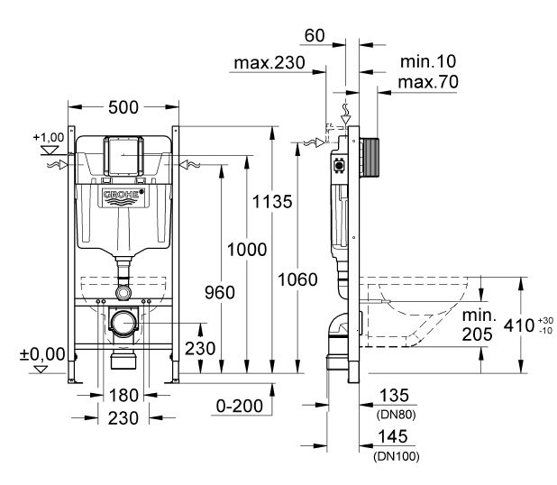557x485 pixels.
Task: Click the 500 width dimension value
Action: (123, 107)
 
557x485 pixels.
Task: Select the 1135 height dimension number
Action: (271, 201)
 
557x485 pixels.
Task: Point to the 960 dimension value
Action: (219, 293)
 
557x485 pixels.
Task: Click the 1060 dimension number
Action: (297, 279)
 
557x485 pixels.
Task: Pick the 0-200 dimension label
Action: (240, 406)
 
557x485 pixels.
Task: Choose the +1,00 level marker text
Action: (47, 137)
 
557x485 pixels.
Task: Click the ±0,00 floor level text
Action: (42, 353)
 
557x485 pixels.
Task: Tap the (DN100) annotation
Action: (396, 456)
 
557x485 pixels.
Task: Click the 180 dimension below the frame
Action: (123, 394)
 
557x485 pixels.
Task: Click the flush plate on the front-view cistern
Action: (123, 157)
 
